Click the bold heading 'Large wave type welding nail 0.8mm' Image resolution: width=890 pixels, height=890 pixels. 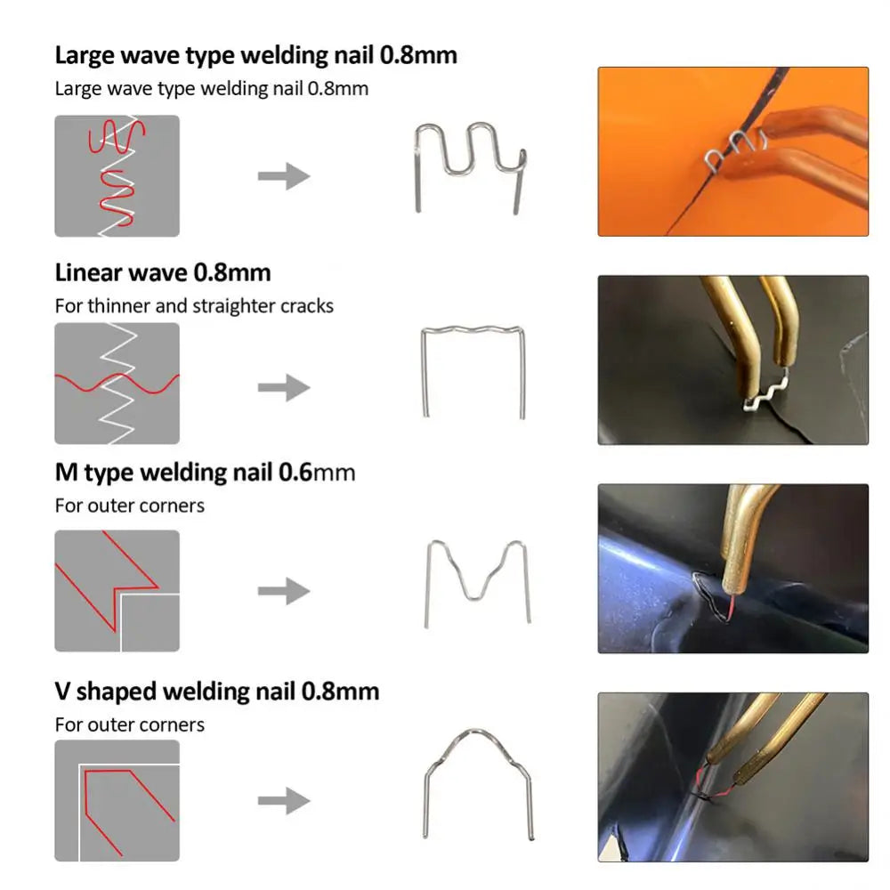coord(255,55)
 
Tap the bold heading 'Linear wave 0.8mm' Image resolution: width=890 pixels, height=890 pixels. coord(163,271)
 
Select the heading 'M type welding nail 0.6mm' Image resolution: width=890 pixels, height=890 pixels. coord(205,472)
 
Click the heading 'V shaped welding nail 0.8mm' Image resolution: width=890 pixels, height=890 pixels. coord(216,691)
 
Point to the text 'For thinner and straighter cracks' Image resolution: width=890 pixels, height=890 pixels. coord(194,306)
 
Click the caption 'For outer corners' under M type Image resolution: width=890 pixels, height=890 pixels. coord(130,506)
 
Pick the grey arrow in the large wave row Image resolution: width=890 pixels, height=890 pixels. coord(284,175)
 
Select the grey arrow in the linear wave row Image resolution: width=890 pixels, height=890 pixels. coord(284,388)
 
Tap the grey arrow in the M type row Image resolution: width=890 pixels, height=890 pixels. coord(284,590)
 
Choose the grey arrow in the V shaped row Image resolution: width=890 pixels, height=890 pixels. coord(284,800)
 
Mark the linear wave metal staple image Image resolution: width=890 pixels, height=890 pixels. coord(473,370)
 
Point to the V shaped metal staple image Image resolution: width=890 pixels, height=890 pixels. coord(479,783)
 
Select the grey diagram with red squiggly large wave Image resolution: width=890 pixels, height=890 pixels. coord(117,175)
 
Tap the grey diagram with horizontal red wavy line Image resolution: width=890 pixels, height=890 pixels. coord(117,383)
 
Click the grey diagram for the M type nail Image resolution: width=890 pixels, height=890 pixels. coord(117,591)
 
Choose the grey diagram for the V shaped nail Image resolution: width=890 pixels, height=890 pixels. coord(117,801)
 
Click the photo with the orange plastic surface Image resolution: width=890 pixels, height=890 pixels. coord(732,151)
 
